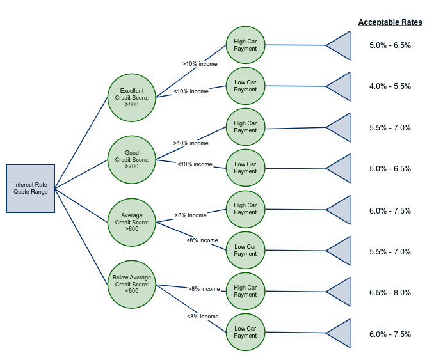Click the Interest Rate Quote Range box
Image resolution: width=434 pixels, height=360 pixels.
click(x=31, y=188)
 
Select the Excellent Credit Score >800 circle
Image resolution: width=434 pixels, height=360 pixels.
click(x=131, y=97)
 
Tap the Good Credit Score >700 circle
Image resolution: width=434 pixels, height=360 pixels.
click(x=131, y=159)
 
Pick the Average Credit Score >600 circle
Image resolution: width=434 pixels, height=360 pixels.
click(x=131, y=221)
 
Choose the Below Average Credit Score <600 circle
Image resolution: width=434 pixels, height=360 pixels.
click(x=131, y=284)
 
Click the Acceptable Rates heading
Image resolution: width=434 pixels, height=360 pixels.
click(x=390, y=22)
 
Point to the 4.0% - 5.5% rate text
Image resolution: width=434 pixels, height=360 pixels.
click(x=390, y=86)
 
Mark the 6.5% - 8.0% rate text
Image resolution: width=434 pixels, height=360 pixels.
click(x=390, y=293)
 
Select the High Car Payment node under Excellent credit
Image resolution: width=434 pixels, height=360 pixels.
click(x=245, y=45)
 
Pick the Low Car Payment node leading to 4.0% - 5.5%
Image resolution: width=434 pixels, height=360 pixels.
click(x=245, y=86)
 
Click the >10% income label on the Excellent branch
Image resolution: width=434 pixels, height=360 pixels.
click(x=200, y=64)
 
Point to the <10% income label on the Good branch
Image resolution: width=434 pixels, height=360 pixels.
click(x=194, y=164)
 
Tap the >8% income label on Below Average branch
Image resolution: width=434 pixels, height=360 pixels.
click(x=204, y=289)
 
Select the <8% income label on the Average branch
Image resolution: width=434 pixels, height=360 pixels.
click(x=202, y=240)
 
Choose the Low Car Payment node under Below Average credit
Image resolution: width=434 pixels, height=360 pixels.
click(x=245, y=332)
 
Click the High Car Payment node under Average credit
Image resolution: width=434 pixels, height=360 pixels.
click(x=245, y=209)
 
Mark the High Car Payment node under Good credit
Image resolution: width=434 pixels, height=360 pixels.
click(x=245, y=127)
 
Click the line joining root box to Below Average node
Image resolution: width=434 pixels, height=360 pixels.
click(x=82, y=238)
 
